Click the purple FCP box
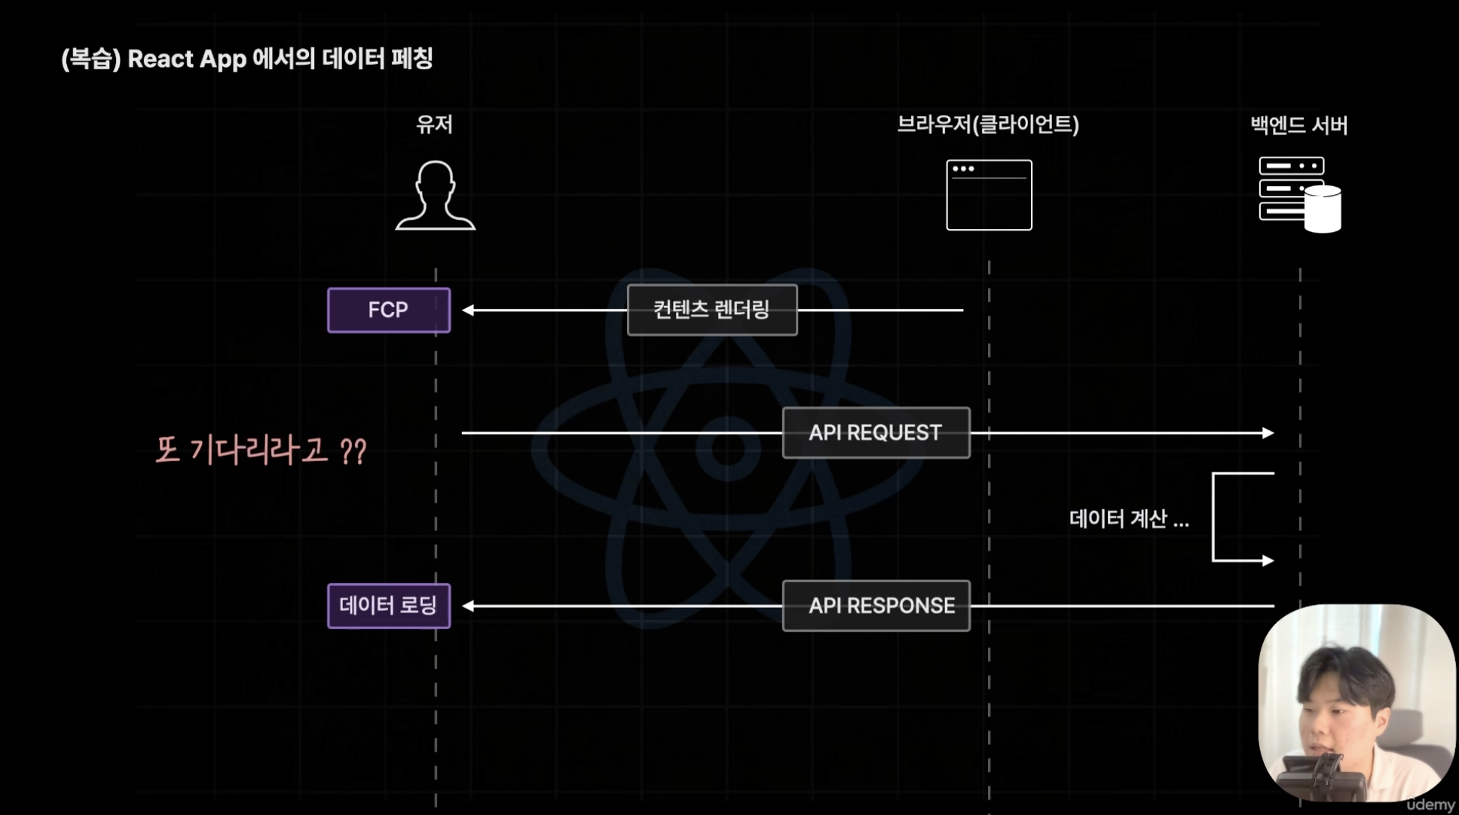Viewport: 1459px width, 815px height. (x=389, y=310)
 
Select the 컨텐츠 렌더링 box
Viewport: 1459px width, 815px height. (x=712, y=310)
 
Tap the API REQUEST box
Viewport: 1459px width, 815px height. (x=876, y=433)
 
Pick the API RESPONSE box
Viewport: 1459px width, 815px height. (x=876, y=606)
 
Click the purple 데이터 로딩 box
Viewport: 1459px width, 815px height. (x=389, y=606)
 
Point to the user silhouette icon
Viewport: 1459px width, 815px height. (x=436, y=195)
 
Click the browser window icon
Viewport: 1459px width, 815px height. (x=989, y=195)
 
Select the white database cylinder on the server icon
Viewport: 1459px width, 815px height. (x=1323, y=209)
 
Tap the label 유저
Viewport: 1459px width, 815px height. (x=435, y=124)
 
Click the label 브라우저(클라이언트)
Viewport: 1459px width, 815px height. (x=988, y=124)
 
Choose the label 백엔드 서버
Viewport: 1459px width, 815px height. (x=1299, y=125)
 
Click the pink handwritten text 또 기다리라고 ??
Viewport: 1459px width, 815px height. (x=261, y=450)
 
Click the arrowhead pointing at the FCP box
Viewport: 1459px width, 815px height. (x=468, y=310)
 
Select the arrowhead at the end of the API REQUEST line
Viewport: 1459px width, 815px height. (x=1268, y=433)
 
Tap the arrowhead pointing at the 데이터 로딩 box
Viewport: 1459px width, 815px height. (x=468, y=606)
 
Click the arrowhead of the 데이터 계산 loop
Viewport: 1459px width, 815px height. (x=1268, y=560)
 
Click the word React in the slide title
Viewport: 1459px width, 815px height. (x=161, y=59)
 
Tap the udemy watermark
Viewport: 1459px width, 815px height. (x=1430, y=804)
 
